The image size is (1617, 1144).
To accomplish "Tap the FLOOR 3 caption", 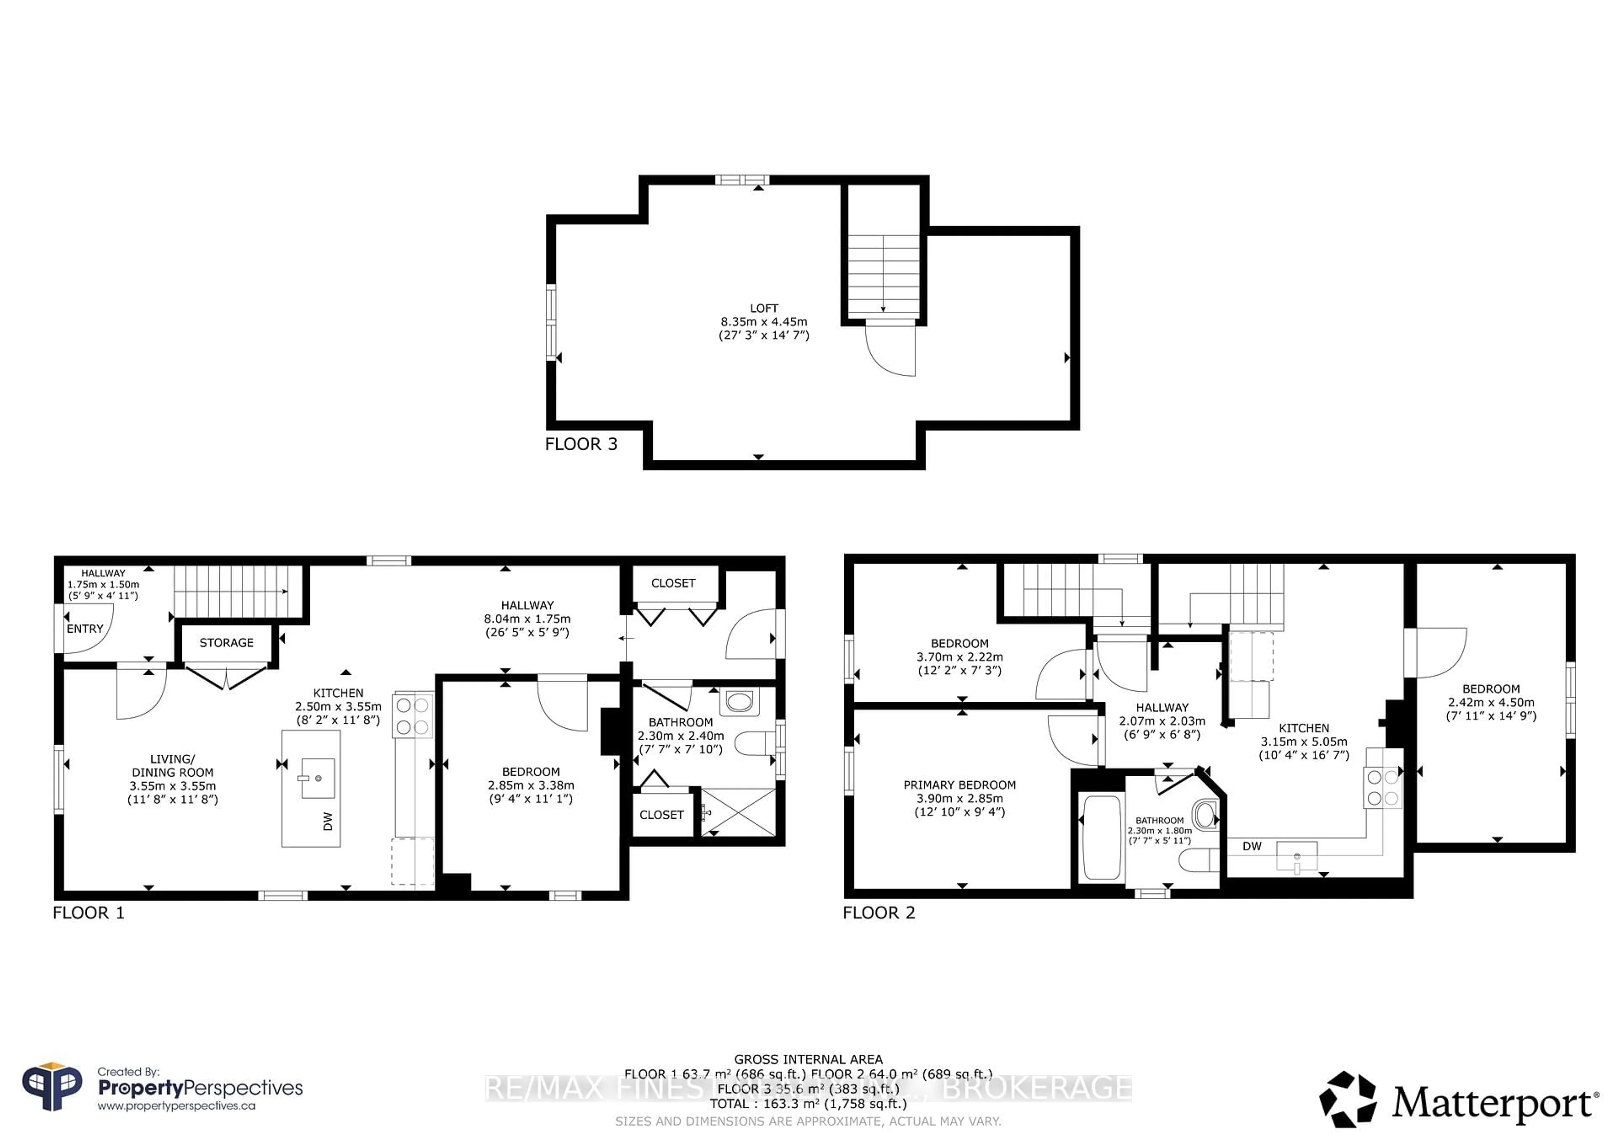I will [x=581, y=444].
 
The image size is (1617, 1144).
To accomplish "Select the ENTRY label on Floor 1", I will [x=85, y=629].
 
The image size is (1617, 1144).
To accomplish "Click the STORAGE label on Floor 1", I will [x=226, y=642].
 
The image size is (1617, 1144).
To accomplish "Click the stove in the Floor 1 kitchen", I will [x=413, y=716].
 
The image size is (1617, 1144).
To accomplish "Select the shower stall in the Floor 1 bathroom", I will [x=738, y=813].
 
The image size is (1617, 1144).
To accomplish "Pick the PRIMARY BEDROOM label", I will [x=959, y=785].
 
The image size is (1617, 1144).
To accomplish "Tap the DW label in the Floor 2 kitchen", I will [x=1251, y=846].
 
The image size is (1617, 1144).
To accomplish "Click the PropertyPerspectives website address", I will [x=176, y=1106].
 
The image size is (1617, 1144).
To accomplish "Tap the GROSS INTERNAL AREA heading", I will [x=808, y=1059].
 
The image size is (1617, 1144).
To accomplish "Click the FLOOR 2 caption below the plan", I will [x=878, y=913].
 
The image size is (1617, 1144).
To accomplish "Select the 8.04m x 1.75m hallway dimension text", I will [x=527, y=618].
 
